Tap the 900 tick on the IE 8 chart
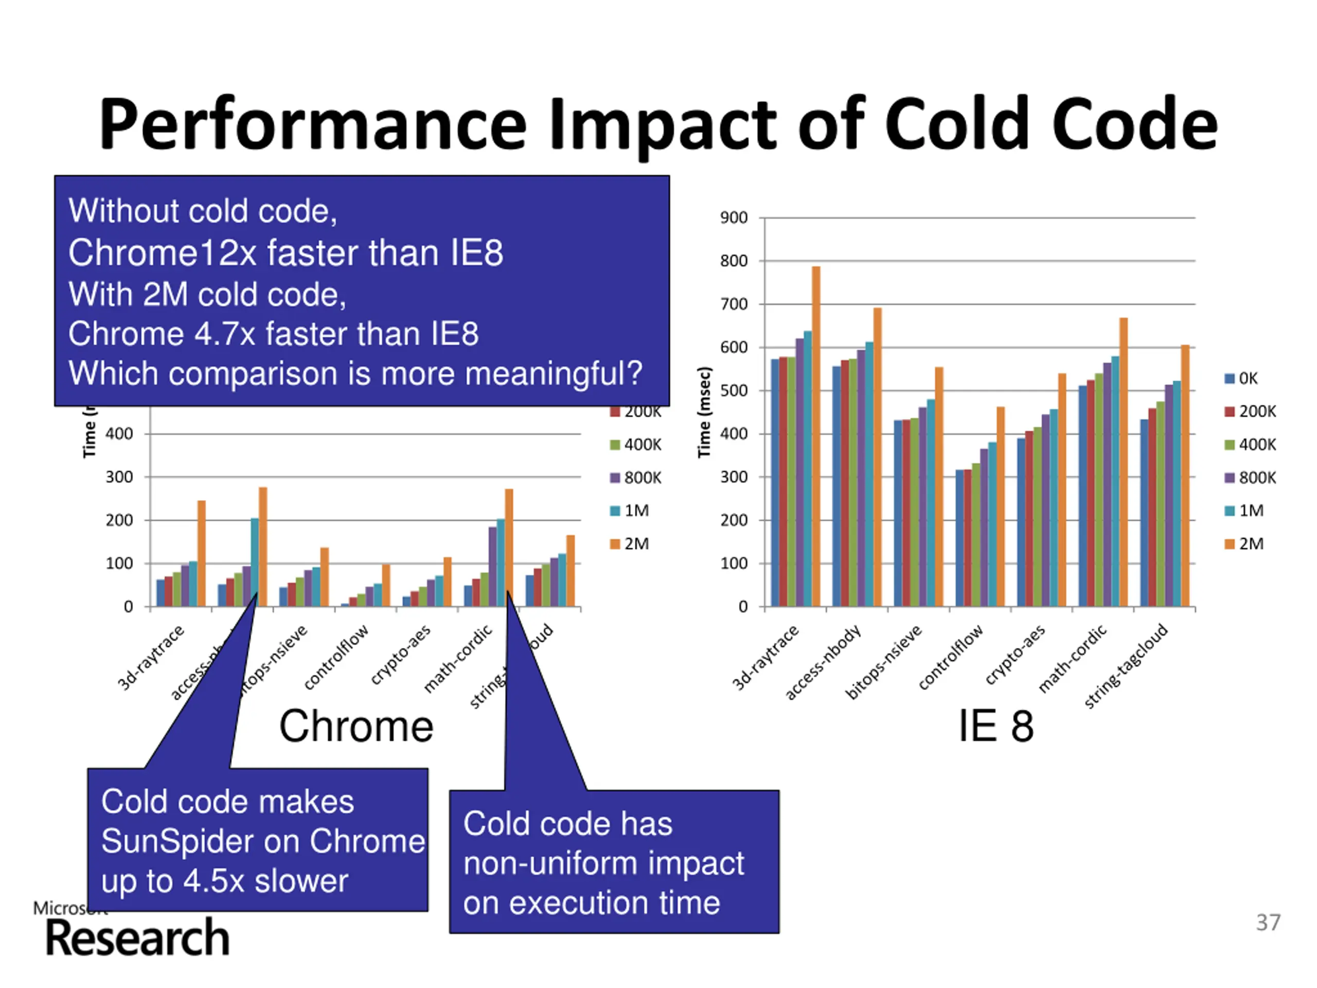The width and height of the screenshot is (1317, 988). (734, 218)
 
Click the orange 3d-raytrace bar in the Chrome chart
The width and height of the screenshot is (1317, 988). (201, 554)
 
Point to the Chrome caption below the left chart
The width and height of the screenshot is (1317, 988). (356, 727)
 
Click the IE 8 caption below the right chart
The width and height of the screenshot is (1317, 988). (995, 727)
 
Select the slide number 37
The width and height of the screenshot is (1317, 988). (1268, 923)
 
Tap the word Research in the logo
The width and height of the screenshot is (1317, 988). (137, 939)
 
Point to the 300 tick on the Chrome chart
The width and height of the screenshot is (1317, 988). (119, 477)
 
